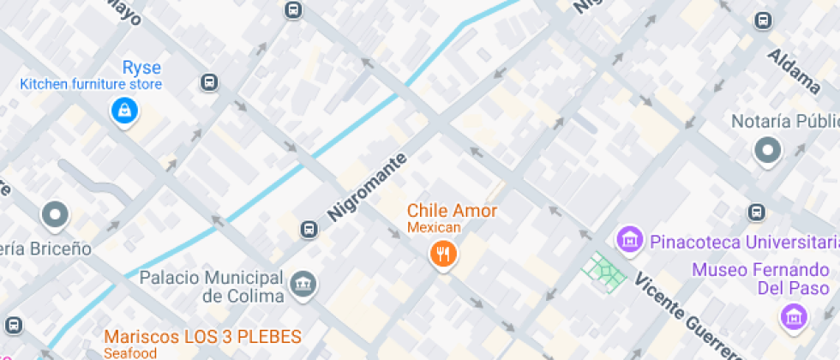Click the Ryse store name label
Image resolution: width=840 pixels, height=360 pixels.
coord(141,68)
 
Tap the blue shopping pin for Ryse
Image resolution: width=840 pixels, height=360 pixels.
coord(125,110)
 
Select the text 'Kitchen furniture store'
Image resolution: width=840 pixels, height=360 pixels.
coord(91,85)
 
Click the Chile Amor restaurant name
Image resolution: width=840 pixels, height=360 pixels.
coord(452,211)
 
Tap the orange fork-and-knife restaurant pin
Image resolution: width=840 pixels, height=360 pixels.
coord(442,253)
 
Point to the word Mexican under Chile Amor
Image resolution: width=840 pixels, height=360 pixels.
coord(434,227)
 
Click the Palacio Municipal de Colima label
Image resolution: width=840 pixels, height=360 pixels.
coord(210,286)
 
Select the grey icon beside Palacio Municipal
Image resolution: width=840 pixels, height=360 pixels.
coord(302,285)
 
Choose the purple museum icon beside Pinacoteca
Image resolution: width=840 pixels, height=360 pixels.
coord(630,239)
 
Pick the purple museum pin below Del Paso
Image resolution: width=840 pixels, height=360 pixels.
coord(795,317)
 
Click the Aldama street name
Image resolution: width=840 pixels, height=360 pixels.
coord(795,71)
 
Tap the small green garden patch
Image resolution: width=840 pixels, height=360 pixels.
coord(605,271)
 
